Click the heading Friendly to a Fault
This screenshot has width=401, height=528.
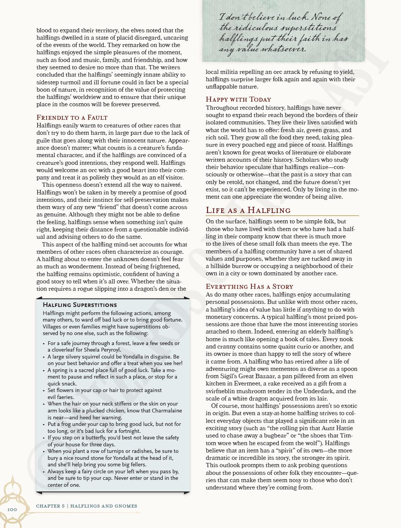click(72, 117)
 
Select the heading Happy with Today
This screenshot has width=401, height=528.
click(238, 99)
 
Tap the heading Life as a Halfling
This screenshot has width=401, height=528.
click(248, 210)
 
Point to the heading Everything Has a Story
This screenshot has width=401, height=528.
click(249, 287)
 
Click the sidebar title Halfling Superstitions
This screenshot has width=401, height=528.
click(80, 305)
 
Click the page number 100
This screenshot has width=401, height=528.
click(12, 510)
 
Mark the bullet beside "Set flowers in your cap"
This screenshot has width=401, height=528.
click(44, 391)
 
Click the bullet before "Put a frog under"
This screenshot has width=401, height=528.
click(44, 424)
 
